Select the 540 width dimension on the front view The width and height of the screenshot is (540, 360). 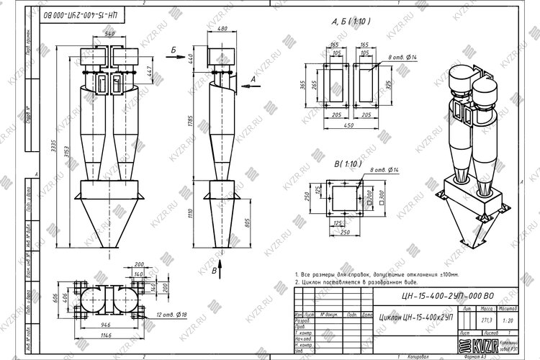[x=109, y=34]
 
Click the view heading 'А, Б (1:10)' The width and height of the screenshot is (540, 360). [x=351, y=22]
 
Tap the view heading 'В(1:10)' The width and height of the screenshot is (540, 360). [x=348, y=165]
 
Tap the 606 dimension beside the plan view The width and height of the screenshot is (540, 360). [x=63, y=298]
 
